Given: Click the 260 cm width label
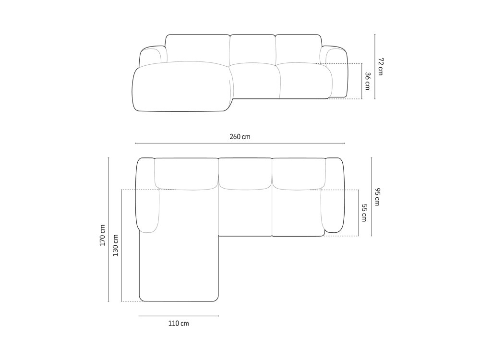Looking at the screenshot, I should [x=240, y=137].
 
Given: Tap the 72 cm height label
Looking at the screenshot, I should [x=381, y=66].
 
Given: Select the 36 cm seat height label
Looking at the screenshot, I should [x=367, y=81].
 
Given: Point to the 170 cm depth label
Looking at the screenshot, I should [x=102, y=235].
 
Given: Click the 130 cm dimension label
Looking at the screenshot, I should [x=115, y=245].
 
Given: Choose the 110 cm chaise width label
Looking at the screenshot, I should [x=179, y=324].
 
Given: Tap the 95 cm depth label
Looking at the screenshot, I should [x=377, y=197].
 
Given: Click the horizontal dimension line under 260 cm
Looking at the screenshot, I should [x=240, y=143].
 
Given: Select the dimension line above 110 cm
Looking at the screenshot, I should [x=179, y=316].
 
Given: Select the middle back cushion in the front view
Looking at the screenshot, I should [x=252, y=50].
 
